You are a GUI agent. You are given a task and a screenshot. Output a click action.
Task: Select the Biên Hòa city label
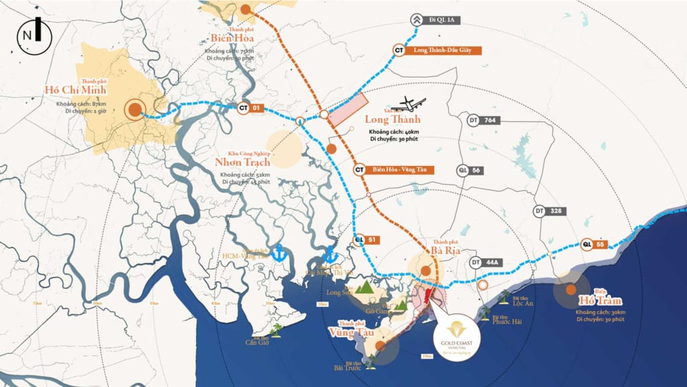tap(231, 38)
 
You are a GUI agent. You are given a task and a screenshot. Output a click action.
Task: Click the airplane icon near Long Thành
tap(411, 105)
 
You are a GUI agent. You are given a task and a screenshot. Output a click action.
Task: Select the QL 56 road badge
tap(470, 171)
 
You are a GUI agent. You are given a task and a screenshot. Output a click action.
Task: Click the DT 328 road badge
tap(549, 211)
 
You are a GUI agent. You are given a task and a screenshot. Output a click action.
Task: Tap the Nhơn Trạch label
tap(242, 162)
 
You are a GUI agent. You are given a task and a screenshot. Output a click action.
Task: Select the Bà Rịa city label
tap(444, 251)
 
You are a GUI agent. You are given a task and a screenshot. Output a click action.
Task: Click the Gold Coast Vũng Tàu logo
tap(456, 335)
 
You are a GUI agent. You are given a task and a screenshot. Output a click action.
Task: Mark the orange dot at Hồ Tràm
tap(570, 290)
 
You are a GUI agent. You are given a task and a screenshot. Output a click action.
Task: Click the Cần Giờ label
tap(257, 341)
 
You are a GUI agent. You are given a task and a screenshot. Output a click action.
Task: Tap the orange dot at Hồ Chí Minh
tap(135, 110)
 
